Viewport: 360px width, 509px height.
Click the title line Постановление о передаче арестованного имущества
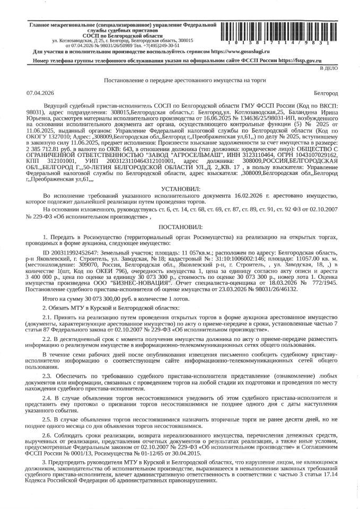click(x=180, y=80)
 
